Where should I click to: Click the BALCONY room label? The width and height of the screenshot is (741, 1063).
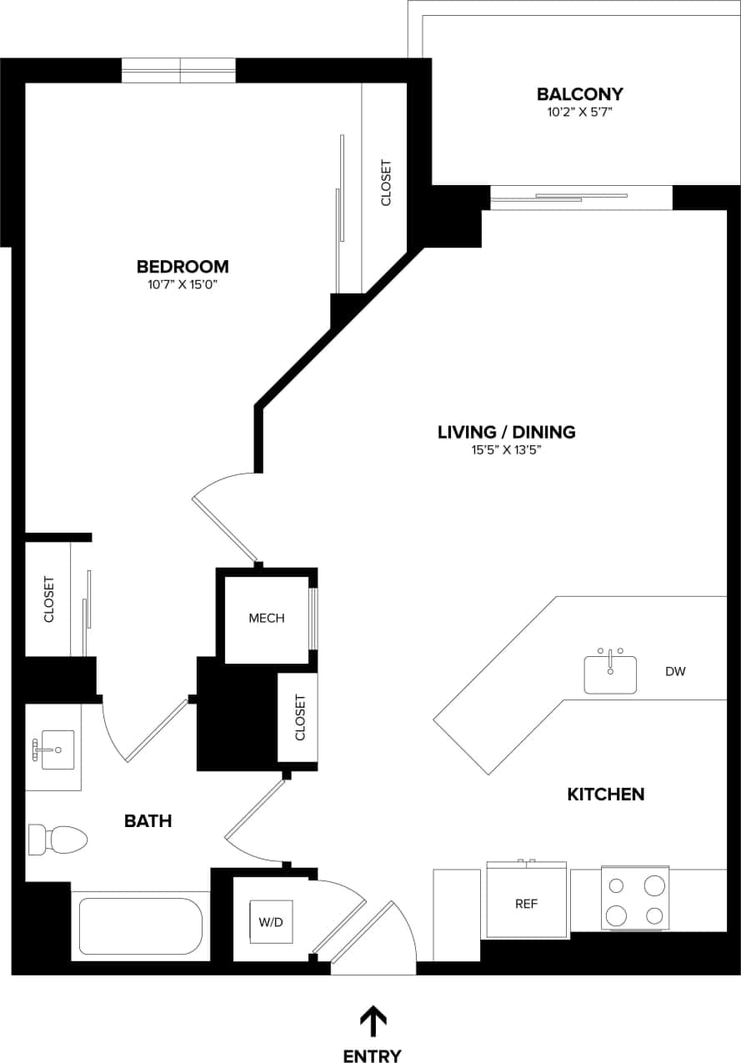pyautogui.click(x=579, y=94)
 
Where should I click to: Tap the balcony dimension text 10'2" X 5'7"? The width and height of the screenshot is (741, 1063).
pyautogui.click(x=579, y=112)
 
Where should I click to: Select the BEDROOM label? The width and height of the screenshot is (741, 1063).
pyautogui.click(x=183, y=267)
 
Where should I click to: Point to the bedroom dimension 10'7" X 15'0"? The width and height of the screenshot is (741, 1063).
pyautogui.click(x=183, y=285)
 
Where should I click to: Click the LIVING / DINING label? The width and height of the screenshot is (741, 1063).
pyautogui.click(x=507, y=432)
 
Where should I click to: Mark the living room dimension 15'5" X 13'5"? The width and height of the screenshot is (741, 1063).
pyautogui.click(x=507, y=450)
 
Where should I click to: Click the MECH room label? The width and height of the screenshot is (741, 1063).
pyautogui.click(x=267, y=618)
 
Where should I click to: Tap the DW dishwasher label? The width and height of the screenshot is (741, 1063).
pyautogui.click(x=675, y=671)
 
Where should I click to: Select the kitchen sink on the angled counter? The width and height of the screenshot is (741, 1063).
pyautogui.click(x=610, y=673)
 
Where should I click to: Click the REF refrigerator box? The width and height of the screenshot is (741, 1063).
pyautogui.click(x=526, y=903)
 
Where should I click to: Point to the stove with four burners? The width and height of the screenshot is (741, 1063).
pyautogui.click(x=635, y=899)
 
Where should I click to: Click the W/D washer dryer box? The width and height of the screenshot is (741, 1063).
pyautogui.click(x=270, y=922)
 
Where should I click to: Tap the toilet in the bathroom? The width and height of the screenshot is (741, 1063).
pyautogui.click(x=58, y=839)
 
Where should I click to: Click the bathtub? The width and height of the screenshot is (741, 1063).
pyautogui.click(x=141, y=926)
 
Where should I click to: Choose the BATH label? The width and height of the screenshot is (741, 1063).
pyautogui.click(x=148, y=821)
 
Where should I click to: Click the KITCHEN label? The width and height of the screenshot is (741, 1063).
pyautogui.click(x=606, y=794)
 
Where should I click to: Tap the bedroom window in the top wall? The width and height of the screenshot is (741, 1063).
pyautogui.click(x=179, y=71)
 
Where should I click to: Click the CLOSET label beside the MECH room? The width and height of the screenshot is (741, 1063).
pyautogui.click(x=300, y=718)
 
